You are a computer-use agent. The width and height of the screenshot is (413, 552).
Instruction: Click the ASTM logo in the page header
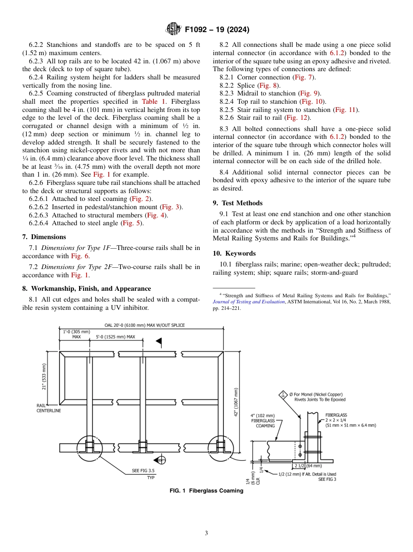click(173, 30)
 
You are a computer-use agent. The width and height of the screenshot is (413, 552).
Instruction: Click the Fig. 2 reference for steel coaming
click(141, 199)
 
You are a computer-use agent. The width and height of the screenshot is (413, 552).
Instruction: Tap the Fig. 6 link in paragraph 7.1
click(80, 256)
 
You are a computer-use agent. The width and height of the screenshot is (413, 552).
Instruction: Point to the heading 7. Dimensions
click(44, 237)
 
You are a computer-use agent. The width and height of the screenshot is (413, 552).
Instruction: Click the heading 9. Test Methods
click(238, 203)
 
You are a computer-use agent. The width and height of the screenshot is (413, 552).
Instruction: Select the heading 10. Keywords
click(234, 253)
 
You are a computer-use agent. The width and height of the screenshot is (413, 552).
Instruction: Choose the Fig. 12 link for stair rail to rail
click(298, 118)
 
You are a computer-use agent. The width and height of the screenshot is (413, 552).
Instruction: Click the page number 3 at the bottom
click(206, 533)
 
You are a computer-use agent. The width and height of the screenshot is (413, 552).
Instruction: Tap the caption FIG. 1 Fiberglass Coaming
click(206, 491)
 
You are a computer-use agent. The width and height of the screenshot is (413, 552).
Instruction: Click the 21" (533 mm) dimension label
click(44, 377)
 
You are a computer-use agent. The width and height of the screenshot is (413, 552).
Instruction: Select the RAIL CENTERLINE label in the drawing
click(48, 408)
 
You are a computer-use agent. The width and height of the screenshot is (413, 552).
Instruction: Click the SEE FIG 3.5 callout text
click(143, 470)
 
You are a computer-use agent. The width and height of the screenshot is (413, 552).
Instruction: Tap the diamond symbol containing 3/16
click(283, 394)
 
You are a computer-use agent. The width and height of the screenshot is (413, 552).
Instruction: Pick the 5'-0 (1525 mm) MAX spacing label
click(115, 336)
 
